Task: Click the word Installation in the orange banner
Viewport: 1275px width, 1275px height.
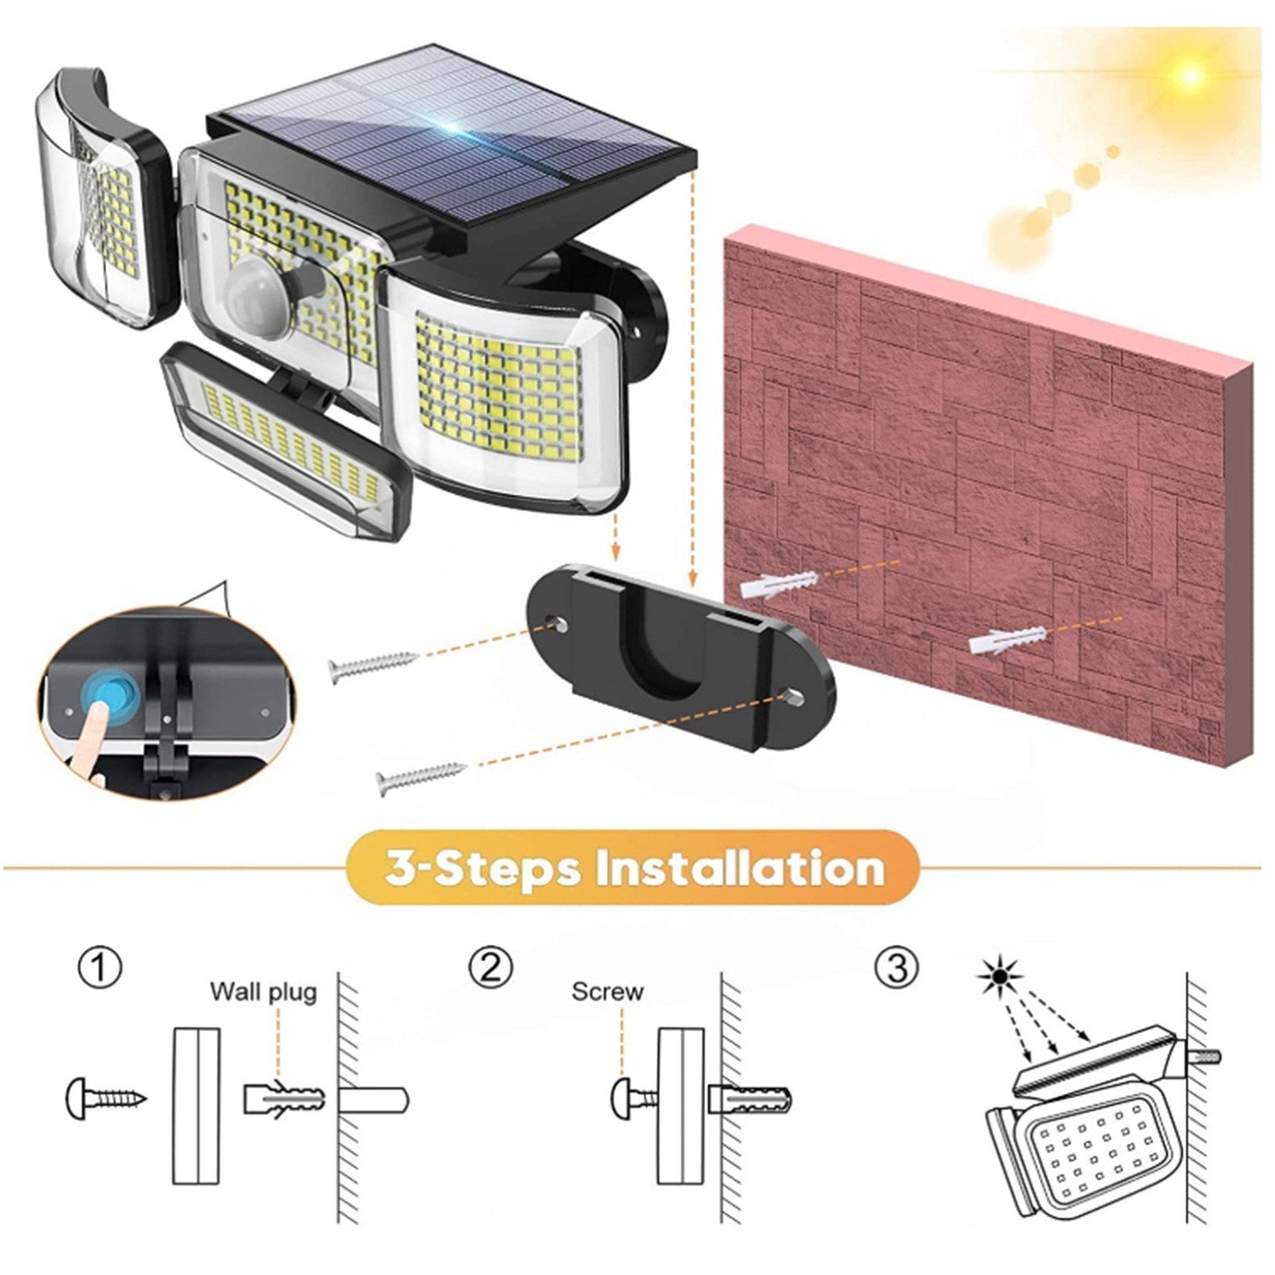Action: point(741,867)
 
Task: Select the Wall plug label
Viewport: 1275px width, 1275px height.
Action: point(263,992)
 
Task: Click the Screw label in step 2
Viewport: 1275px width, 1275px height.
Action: point(607,992)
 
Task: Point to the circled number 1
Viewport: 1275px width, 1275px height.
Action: point(100,968)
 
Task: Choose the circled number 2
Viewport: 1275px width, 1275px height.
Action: point(491,968)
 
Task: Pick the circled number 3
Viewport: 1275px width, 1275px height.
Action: point(896,968)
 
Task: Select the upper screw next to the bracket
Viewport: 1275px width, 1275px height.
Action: point(374,664)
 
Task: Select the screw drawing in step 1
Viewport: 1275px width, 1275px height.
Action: point(106,1098)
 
